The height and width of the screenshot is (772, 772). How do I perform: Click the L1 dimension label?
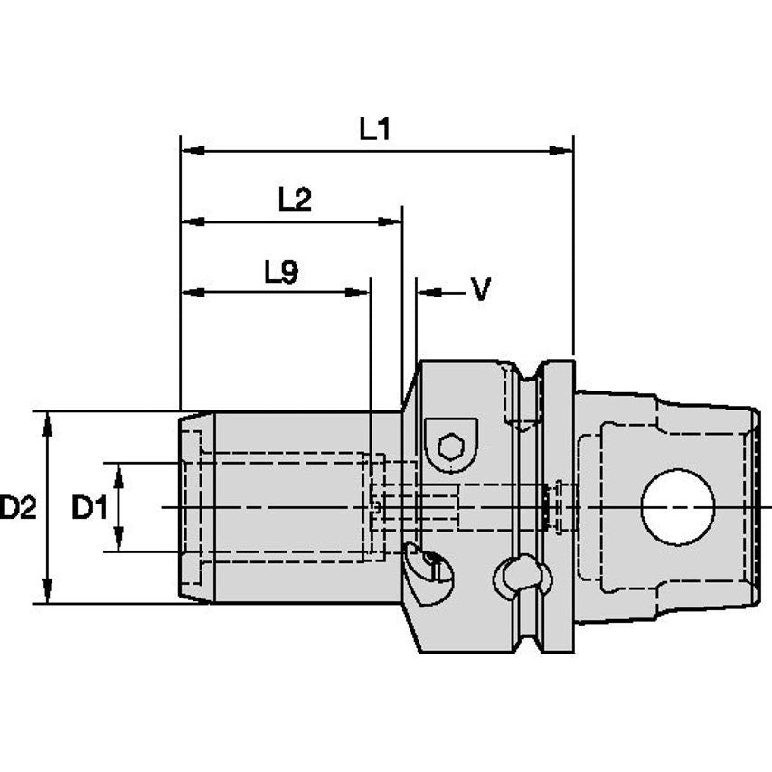(x=373, y=129)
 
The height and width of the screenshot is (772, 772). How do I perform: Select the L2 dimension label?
(x=294, y=199)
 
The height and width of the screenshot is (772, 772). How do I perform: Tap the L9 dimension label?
(x=281, y=272)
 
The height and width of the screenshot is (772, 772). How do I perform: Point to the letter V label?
(x=481, y=290)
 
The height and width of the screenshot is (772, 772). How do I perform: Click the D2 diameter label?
(x=18, y=509)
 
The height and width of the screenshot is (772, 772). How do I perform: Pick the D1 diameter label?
(x=89, y=509)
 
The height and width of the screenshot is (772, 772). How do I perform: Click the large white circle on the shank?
(x=678, y=507)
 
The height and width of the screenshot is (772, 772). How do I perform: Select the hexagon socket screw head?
(x=451, y=445)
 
